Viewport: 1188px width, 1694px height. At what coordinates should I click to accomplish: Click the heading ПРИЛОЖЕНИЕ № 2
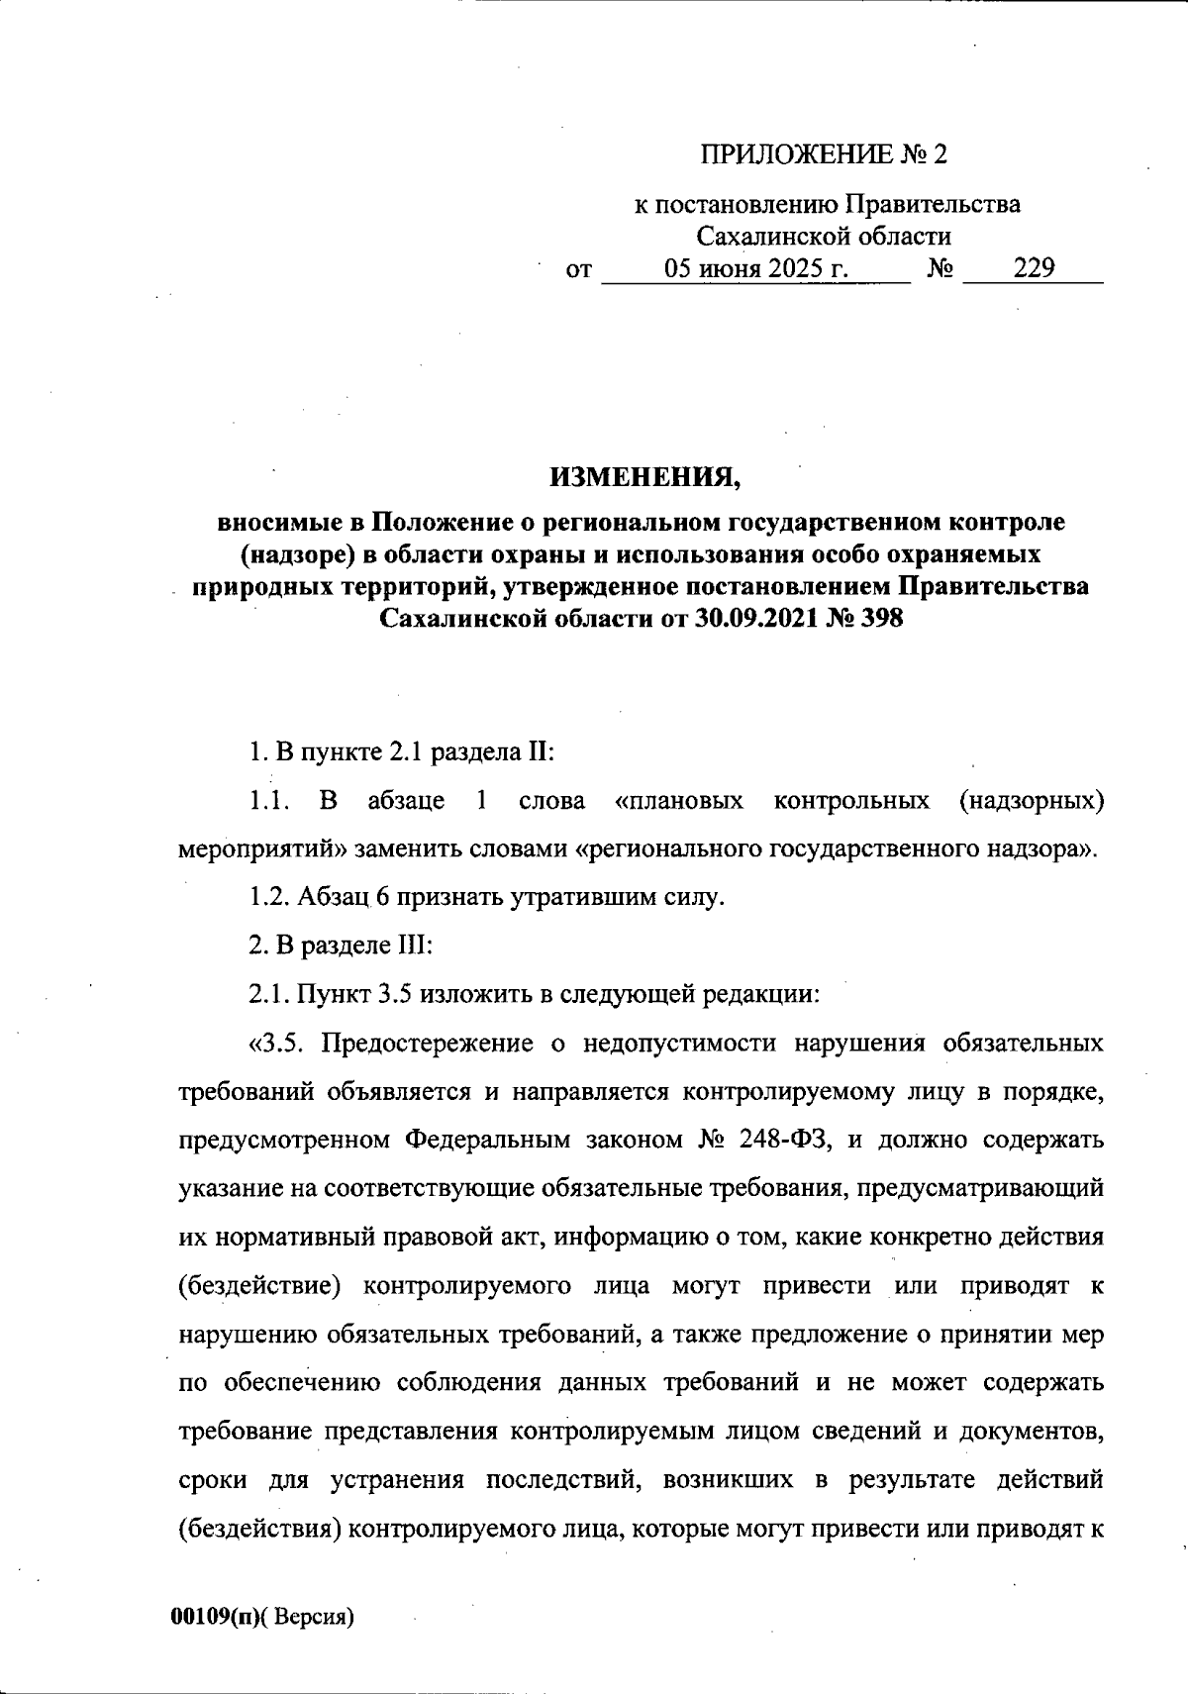pos(824,154)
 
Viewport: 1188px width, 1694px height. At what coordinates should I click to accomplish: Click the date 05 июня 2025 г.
pos(757,268)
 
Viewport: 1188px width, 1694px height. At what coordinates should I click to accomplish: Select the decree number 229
pos(1034,268)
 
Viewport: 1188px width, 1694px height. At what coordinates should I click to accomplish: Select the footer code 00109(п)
pos(212,1617)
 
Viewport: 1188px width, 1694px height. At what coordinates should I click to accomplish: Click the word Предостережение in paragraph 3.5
pos(432,1044)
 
